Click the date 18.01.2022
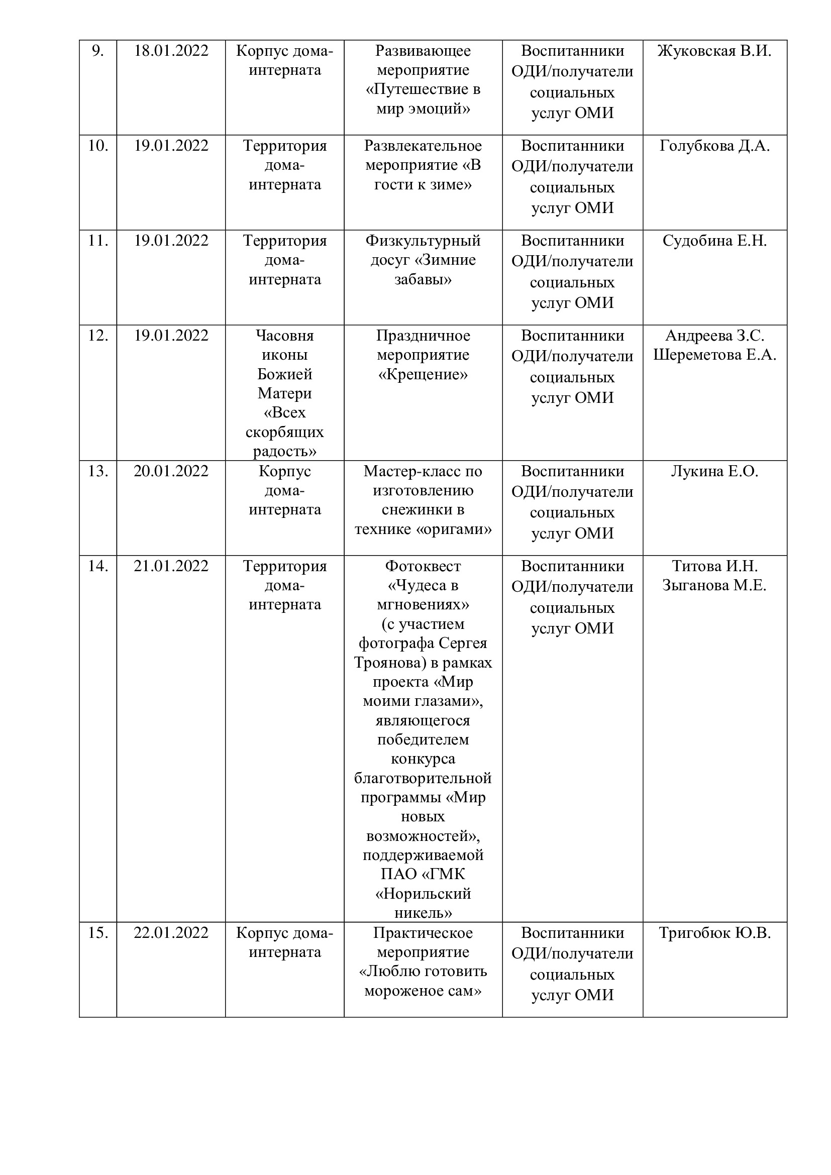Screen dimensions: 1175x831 (x=171, y=51)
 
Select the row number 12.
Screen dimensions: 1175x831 (x=98, y=336)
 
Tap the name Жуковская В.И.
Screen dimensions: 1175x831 (x=714, y=51)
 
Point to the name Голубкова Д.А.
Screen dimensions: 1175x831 (x=714, y=146)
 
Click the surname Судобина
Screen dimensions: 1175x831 (x=697, y=241)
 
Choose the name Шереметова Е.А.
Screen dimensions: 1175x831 (x=714, y=355)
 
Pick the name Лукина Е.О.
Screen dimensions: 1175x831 (x=714, y=471)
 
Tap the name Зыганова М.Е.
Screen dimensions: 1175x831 (x=714, y=585)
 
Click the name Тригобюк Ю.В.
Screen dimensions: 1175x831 (x=714, y=933)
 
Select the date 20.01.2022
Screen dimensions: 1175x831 (x=171, y=471)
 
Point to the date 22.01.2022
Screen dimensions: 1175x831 (x=171, y=933)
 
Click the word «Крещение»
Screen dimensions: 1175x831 (x=423, y=375)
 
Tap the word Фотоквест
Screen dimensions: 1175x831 (x=423, y=566)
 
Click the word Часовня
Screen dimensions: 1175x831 (x=284, y=336)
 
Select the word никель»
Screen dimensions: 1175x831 (x=423, y=913)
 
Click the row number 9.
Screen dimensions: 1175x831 (x=97, y=51)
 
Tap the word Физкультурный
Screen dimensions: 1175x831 (x=423, y=241)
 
